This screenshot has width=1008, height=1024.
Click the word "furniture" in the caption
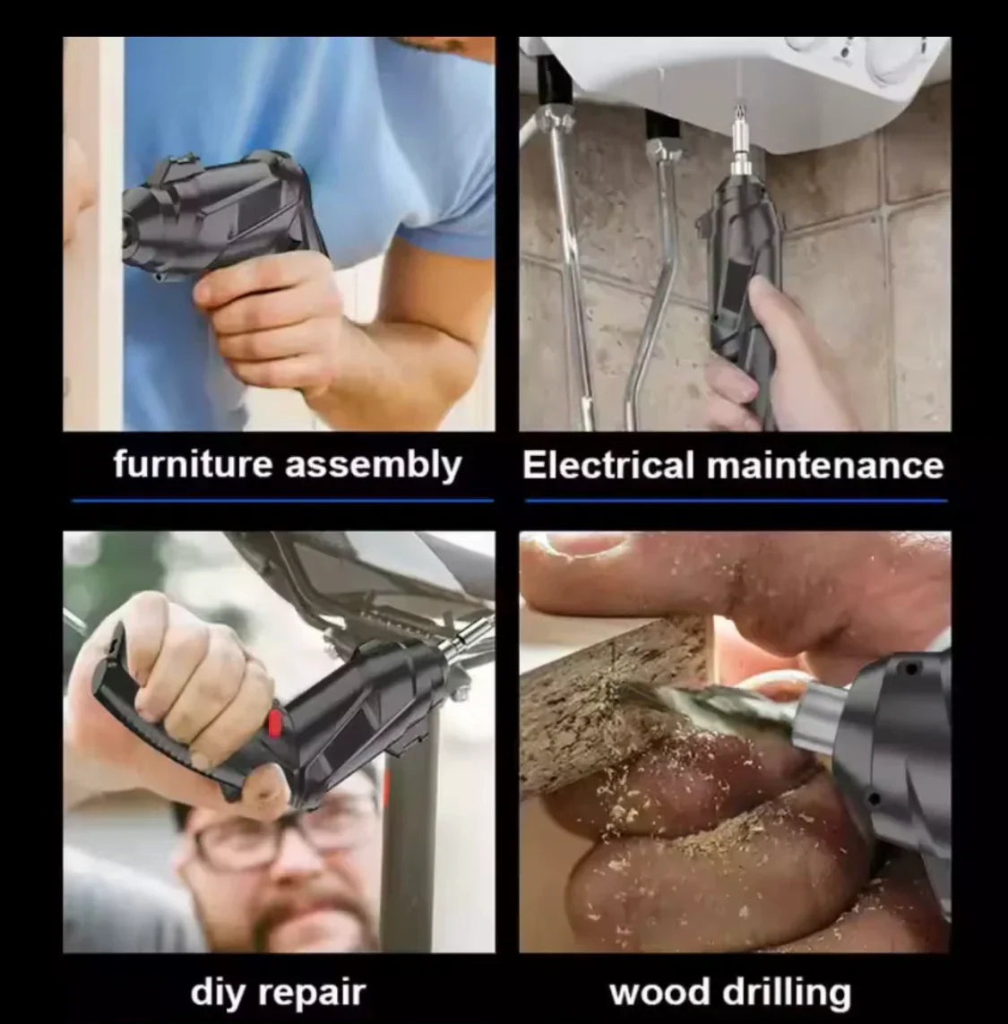pos(192,464)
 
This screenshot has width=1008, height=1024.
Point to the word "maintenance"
pos(825,466)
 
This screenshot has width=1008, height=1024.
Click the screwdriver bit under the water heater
pos(739,141)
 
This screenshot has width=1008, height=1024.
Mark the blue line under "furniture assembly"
pos(283,501)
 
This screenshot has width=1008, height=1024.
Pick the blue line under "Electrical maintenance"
pos(737,501)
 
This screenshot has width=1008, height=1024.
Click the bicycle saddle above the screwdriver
pos(366,574)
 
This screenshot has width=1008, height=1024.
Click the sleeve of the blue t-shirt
pos(444,196)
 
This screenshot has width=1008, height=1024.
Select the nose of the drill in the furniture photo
pos(131,225)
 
